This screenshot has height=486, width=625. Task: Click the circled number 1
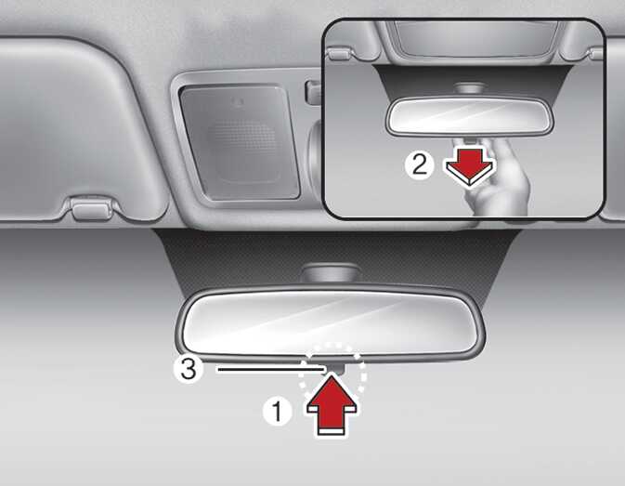pyautogui.click(x=277, y=412)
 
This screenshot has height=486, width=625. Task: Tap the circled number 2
pyautogui.click(x=419, y=164)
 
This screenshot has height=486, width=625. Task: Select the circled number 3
pyautogui.click(x=189, y=370)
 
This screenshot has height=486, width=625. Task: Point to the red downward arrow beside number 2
pyautogui.click(x=470, y=166)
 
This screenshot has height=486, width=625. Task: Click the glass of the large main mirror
pyautogui.click(x=330, y=323)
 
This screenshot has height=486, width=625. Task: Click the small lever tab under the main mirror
pyautogui.click(x=335, y=368)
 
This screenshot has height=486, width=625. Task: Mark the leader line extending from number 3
pyautogui.click(x=270, y=370)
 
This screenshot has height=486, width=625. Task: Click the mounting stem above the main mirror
pyautogui.click(x=330, y=275)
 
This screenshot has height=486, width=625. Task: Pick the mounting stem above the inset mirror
pyautogui.click(x=470, y=90)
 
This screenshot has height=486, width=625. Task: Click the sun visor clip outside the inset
pyautogui.click(x=91, y=209)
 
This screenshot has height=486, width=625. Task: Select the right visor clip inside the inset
pyautogui.click(x=596, y=54)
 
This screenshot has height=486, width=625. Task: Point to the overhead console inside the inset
pyautogui.click(x=475, y=39)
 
